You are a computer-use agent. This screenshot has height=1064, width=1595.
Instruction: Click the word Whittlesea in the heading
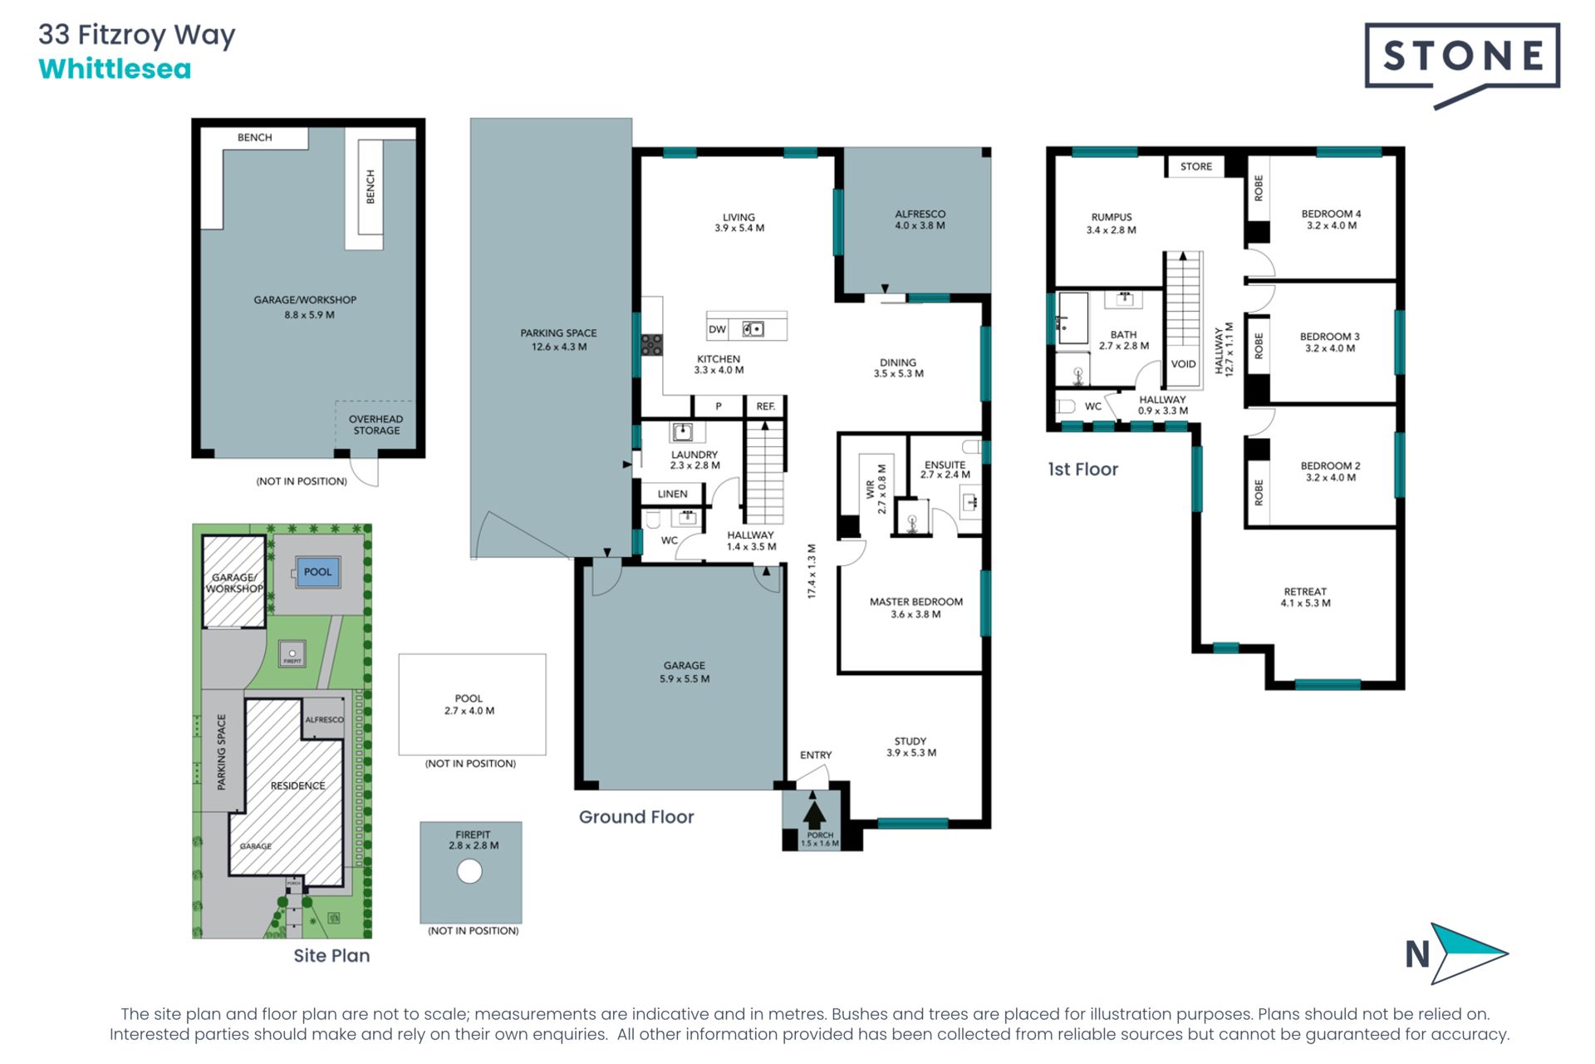(115, 69)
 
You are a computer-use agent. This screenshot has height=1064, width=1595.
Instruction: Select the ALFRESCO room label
(920, 214)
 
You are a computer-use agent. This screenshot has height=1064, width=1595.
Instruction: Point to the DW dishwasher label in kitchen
(717, 329)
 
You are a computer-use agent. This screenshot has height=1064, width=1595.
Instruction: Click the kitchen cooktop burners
(651, 344)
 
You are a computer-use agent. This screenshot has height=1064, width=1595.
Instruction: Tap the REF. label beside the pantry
(765, 406)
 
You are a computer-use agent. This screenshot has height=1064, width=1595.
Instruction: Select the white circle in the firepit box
(469, 871)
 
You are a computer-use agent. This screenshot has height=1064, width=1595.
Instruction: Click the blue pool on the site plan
(318, 572)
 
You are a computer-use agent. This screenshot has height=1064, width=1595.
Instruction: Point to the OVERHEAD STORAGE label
(376, 425)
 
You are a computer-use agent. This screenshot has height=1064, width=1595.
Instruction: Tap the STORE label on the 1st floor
(1196, 166)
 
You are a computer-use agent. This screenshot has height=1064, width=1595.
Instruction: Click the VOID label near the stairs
(1183, 364)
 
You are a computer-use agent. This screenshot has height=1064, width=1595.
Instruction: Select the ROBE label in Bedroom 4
(1259, 188)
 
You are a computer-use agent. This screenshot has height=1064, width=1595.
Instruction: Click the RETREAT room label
(1305, 592)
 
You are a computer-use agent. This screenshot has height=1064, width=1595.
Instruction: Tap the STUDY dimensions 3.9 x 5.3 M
(911, 753)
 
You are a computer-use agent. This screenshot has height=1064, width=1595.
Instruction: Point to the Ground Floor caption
(636, 817)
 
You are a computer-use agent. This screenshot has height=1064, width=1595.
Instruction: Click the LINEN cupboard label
(672, 494)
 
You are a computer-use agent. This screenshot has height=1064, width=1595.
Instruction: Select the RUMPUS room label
(1112, 217)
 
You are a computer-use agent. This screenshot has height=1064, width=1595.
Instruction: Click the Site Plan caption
(331, 956)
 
